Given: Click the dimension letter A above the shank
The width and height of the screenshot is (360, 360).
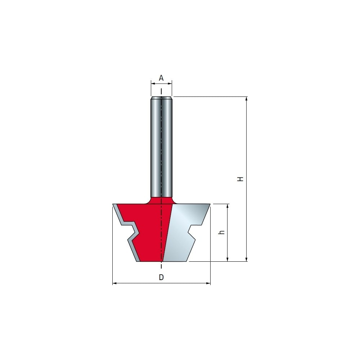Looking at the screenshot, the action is tap(161, 78).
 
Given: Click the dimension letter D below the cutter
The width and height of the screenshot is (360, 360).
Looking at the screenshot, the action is tap(161, 277).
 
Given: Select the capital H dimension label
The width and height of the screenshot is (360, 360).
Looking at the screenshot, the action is tap(240, 179).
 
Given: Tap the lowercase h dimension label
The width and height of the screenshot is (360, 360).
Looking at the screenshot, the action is tap(221, 232).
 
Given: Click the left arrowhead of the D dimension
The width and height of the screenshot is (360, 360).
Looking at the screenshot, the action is tap(114, 283).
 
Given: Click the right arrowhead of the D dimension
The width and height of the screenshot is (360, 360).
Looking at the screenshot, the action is tap(208, 283).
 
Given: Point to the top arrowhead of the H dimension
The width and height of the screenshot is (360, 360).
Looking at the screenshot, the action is tap(247, 99).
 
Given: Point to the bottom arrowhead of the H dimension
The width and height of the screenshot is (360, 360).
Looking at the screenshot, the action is tap(247, 259).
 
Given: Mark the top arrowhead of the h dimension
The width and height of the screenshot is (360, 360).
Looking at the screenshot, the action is tap(228, 206).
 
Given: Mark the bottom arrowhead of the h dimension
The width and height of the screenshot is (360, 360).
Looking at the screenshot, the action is tap(228, 259).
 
